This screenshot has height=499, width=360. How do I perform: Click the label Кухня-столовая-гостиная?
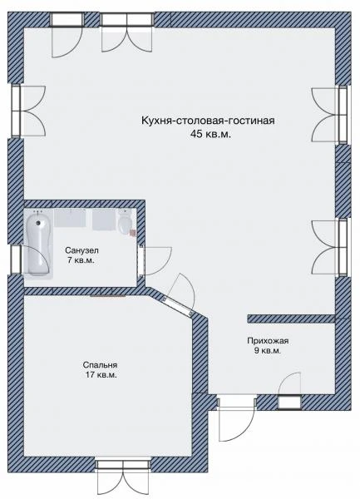click(208, 121)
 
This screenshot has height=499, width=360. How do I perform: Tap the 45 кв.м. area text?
click(210, 134)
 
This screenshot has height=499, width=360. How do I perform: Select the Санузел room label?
click(81, 250)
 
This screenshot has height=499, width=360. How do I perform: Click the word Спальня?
click(100, 365)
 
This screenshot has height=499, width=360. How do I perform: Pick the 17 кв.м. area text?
click(101, 375)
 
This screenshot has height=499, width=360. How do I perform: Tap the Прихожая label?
click(268, 341)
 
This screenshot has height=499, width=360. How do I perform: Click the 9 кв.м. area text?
click(268, 351)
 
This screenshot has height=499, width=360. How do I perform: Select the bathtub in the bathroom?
click(39, 245)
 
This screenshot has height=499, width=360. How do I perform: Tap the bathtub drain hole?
click(39, 223)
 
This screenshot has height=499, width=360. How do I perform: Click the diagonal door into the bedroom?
click(177, 306)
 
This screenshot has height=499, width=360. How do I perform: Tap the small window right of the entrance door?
click(289, 403)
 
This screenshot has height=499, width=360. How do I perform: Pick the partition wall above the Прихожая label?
click(291, 319)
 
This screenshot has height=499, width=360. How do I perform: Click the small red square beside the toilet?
click(133, 233)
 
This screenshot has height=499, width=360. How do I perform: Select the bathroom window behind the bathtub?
click(16, 259)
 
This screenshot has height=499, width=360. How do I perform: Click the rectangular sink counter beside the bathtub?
click(70, 218)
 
